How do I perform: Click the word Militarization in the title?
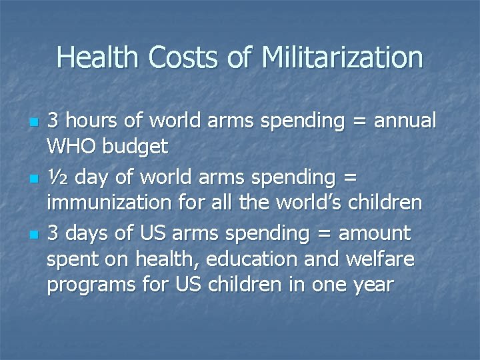pyautogui.click(x=343, y=57)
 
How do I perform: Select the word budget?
pyautogui.click(x=137, y=147)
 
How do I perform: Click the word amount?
pyautogui.click(x=375, y=233)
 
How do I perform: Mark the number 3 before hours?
pyautogui.click(x=52, y=121)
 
